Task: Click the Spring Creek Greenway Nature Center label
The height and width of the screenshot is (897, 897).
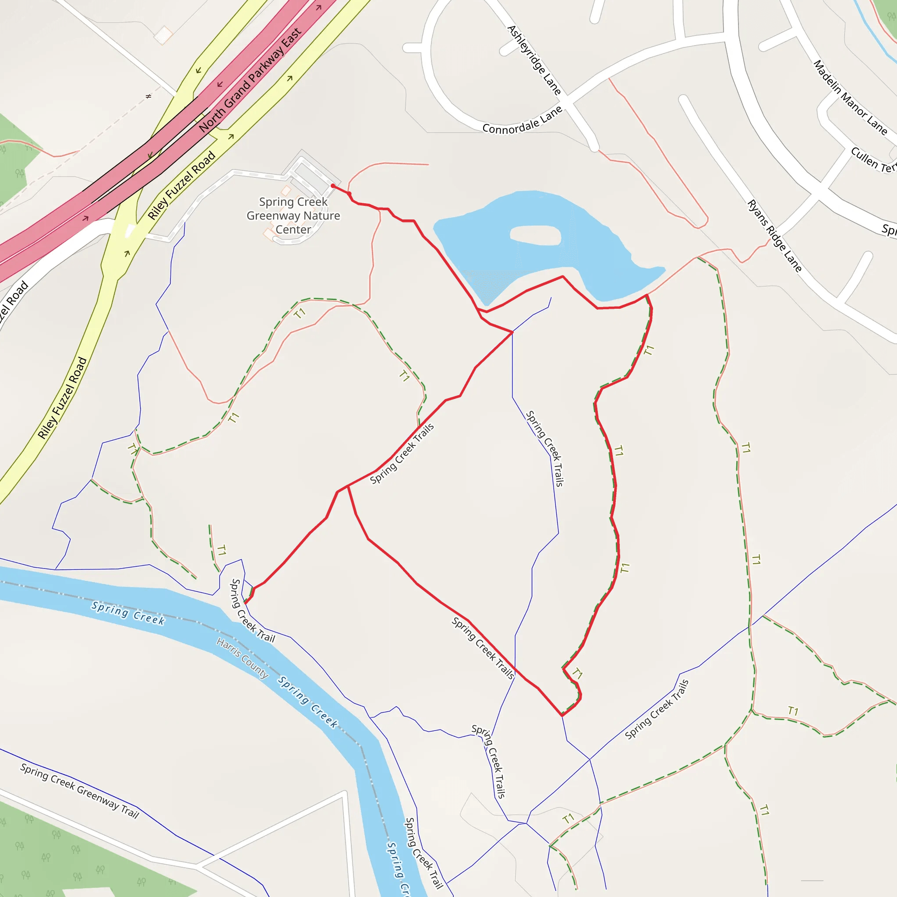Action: pos(293,216)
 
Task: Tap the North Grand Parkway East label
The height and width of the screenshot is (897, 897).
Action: pos(250,80)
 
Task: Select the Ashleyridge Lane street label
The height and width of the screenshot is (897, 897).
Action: pos(534,60)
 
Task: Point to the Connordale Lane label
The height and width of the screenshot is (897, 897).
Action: pos(523,120)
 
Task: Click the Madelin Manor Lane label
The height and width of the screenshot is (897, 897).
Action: pos(850,97)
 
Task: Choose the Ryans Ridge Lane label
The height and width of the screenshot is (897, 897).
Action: pos(774,236)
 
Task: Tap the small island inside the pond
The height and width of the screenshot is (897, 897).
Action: pos(535,235)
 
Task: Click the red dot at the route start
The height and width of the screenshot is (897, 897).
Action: pos(333,186)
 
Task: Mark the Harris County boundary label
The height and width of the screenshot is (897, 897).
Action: pos(242,658)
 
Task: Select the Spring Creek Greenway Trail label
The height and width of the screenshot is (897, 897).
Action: pos(79,791)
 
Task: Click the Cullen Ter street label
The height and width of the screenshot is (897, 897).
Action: pos(873,160)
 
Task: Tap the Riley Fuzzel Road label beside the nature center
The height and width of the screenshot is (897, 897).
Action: pos(181,185)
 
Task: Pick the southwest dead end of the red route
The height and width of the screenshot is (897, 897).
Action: pos(246,603)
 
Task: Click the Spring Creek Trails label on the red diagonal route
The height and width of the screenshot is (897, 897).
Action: pos(402,453)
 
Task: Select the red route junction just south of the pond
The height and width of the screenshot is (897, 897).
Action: pos(512,332)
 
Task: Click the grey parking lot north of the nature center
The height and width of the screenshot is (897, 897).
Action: pos(312,177)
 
